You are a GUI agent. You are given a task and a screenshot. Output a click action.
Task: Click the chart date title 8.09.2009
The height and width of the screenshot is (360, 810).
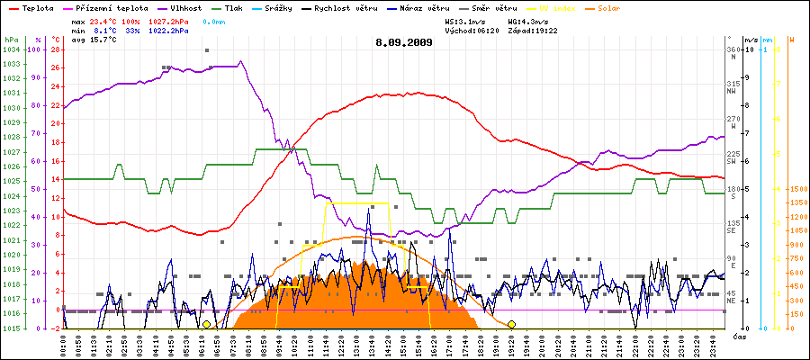pyautogui.click(x=404, y=41)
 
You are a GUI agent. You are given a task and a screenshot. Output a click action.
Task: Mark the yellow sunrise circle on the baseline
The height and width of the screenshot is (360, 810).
pyautogui.click(x=207, y=324)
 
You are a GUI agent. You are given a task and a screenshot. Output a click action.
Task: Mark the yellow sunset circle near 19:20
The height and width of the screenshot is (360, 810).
pyautogui.click(x=511, y=324)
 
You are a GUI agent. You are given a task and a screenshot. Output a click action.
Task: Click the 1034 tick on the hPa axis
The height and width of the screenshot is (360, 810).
pyautogui.click(x=11, y=49)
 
